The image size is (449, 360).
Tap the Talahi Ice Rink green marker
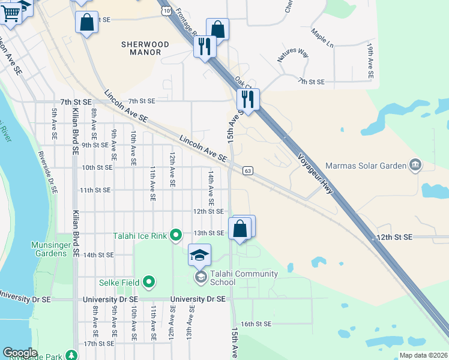(x=176, y=235)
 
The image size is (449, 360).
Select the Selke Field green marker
(x=149, y=282)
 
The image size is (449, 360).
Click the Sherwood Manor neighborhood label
(x=145, y=48)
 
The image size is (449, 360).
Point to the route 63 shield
(x=247, y=171)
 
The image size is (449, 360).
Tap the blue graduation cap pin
(x=200, y=256)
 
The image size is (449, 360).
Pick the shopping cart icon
(x=11, y=13)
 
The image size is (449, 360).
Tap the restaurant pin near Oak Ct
(x=248, y=99)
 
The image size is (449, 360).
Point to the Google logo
(x=20, y=353)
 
